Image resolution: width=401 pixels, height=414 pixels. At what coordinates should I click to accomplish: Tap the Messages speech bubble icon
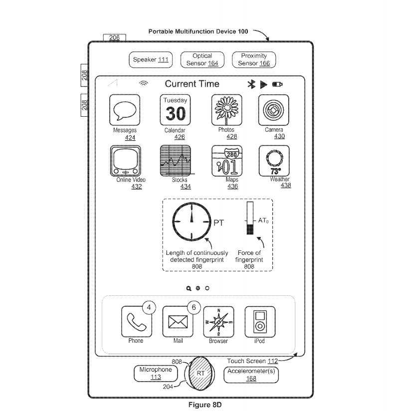pos(125,110)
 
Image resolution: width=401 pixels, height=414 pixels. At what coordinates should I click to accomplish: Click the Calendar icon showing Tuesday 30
pos(175,110)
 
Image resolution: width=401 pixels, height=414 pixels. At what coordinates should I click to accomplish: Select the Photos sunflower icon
pos(226,110)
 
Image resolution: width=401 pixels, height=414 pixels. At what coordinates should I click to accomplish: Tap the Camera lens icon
pos(274,110)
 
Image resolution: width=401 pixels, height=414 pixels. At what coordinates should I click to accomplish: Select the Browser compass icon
pos(218,322)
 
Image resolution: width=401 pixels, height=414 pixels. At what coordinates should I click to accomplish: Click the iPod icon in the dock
pos(259,322)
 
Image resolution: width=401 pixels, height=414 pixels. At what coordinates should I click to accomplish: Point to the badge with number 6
pos(194,308)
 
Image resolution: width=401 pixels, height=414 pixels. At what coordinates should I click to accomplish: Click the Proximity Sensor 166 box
pos(254,60)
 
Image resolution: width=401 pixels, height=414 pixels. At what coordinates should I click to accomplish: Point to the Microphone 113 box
pos(155,373)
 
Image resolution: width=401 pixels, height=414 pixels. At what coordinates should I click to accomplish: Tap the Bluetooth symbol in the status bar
pos(252,84)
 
